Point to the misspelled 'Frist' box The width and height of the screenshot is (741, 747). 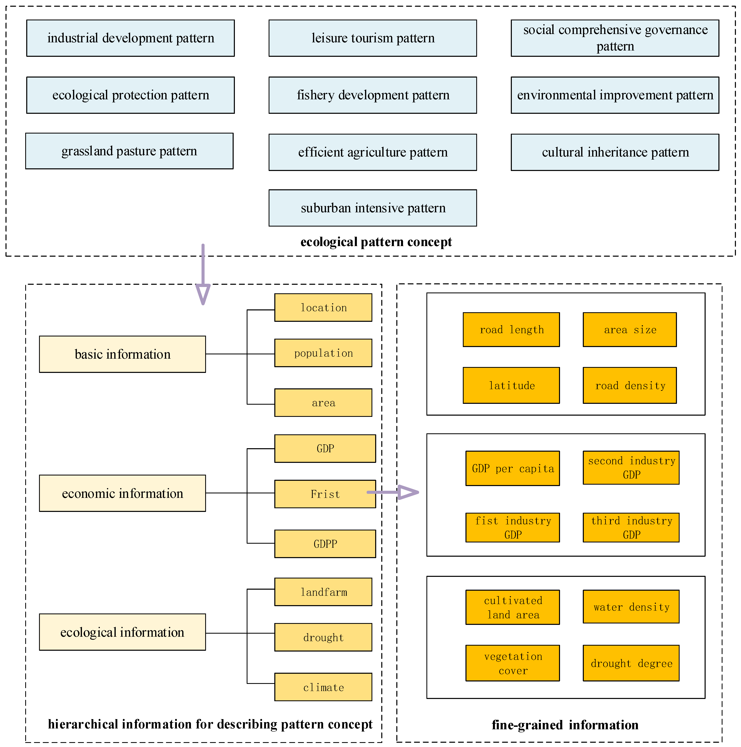[x=325, y=494]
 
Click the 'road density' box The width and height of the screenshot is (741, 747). [x=630, y=386]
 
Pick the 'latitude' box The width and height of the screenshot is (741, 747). [x=511, y=386]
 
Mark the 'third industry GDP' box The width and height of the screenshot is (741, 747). [x=631, y=528]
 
